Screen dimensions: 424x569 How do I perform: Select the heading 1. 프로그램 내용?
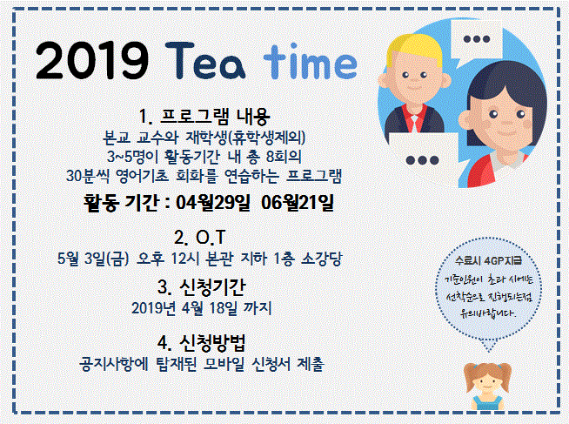tap(204, 114)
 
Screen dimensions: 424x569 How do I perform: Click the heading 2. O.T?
tap(204, 237)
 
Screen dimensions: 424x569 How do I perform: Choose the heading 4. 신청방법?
tap(204, 340)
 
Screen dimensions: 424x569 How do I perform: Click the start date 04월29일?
tap(212, 205)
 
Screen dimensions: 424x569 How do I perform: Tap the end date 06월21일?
tap(298, 205)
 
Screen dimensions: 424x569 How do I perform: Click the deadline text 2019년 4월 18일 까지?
tap(204, 306)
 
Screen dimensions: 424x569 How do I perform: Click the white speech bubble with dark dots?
tap(422, 159)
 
